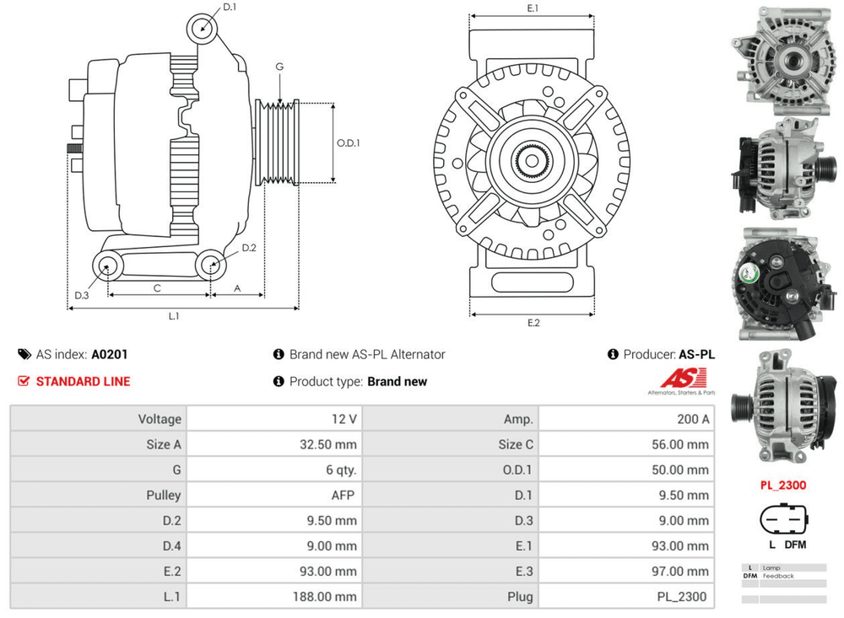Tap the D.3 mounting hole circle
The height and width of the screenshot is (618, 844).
click(106, 267)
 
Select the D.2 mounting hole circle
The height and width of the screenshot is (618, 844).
click(211, 266)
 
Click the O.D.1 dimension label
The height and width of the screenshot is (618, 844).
click(349, 142)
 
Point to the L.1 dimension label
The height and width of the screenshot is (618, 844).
click(174, 316)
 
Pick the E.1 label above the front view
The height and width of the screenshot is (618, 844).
click(533, 8)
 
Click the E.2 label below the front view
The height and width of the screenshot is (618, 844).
click(533, 323)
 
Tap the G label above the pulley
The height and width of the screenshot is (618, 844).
click(279, 67)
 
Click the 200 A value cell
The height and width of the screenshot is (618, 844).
click(625, 419)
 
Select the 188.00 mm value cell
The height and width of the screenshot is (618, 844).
click(273, 596)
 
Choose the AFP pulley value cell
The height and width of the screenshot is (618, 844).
click(273, 495)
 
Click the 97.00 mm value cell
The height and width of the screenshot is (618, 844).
click(625, 571)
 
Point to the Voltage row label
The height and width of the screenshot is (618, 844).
click(98, 419)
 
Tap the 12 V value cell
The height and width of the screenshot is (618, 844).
click(273, 419)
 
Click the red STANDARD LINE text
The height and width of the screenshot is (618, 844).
click(83, 381)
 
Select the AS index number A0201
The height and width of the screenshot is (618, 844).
click(110, 355)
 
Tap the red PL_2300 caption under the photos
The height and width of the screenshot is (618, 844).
click(782, 485)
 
